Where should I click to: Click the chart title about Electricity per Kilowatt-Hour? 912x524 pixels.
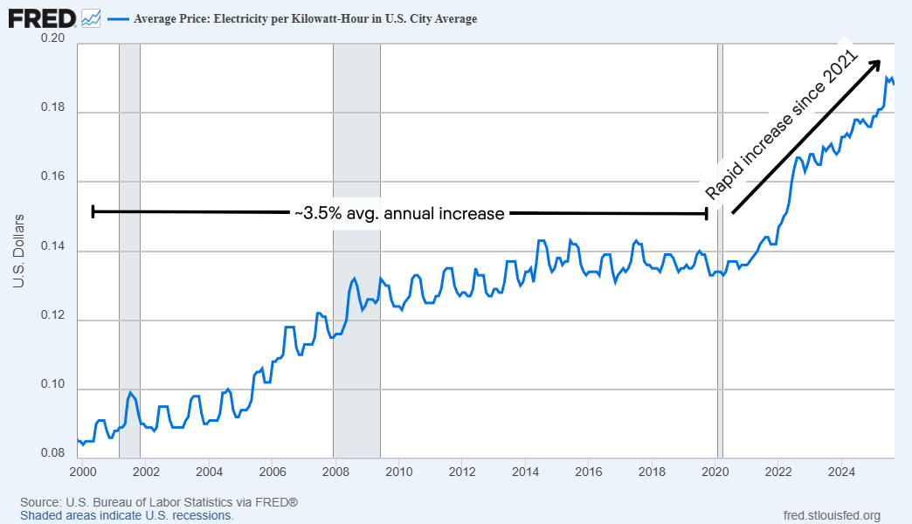click(305, 18)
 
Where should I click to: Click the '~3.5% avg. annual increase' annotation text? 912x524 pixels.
click(399, 213)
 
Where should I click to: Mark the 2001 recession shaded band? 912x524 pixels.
click(129, 262)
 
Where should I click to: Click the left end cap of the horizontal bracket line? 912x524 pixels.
click(93, 210)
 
